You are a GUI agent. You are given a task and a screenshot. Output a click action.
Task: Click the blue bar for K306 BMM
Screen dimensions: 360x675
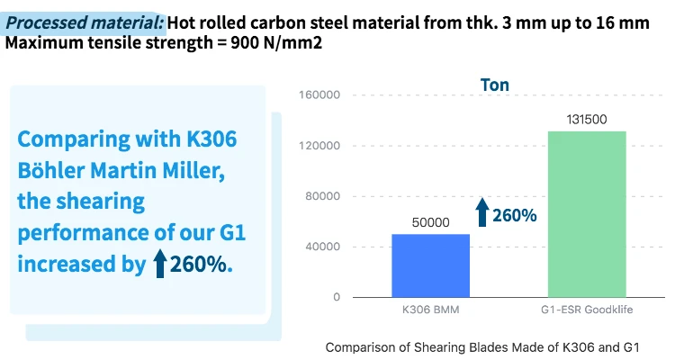click(430, 265)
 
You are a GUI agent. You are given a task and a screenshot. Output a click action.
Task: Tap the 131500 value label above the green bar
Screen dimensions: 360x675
click(587, 119)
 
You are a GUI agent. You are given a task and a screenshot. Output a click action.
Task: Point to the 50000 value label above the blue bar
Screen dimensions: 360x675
click(430, 221)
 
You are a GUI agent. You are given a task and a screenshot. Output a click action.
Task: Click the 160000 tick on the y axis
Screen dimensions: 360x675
click(321, 95)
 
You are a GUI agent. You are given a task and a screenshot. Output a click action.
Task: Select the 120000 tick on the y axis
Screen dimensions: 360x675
click(321, 146)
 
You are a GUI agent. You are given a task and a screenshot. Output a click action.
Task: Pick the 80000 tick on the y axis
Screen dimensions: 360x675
click(324, 196)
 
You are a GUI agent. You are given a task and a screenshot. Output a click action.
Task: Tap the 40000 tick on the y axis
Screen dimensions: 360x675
click(324, 247)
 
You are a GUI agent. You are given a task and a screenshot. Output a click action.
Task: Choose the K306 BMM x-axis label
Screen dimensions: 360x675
click(430, 310)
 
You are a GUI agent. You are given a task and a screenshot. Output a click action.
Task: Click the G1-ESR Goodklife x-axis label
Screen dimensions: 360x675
click(587, 310)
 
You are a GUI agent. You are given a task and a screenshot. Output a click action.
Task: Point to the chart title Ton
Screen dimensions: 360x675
click(494, 85)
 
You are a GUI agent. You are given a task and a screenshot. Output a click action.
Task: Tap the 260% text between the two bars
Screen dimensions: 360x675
click(515, 216)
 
